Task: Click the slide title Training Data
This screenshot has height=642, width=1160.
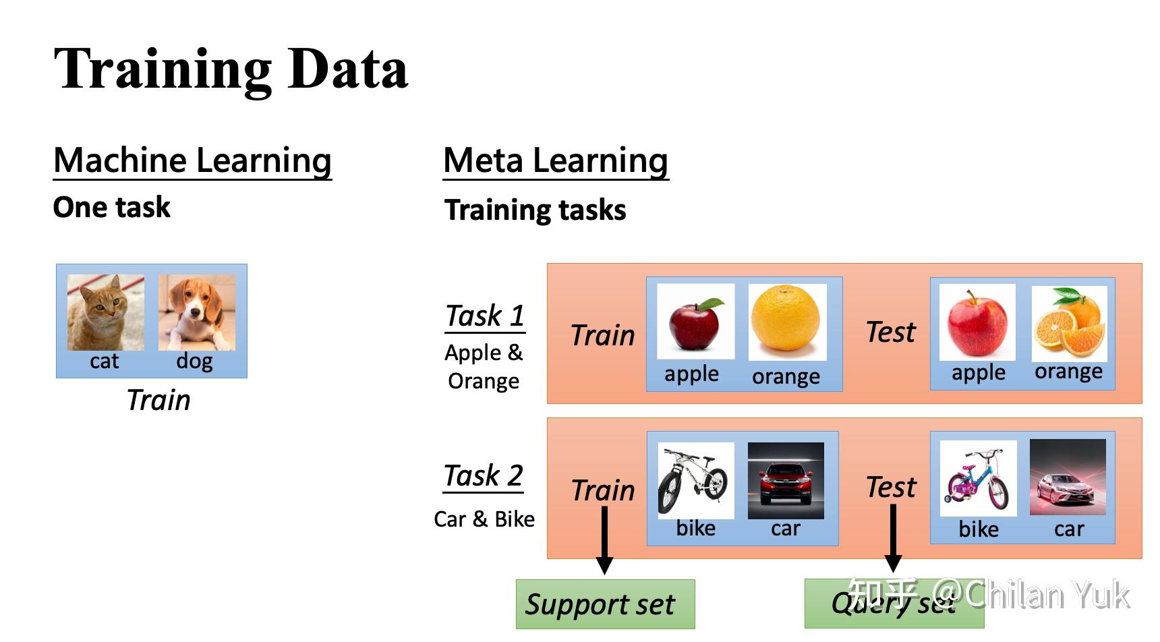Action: [x=231, y=69]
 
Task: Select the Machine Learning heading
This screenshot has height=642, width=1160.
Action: [x=192, y=161]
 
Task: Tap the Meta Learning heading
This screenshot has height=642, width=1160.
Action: [x=555, y=161]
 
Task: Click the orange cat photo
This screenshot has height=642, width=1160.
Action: [x=106, y=312]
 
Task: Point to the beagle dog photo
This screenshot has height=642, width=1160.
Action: [x=197, y=312]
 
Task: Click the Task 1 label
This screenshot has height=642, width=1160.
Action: [x=485, y=316]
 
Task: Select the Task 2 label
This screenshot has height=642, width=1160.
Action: [x=484, y=475]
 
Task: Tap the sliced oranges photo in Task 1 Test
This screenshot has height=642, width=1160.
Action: [x=1069, y=322]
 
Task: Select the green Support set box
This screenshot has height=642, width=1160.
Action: [x=605, y=604]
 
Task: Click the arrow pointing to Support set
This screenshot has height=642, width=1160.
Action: [x=605, y=539]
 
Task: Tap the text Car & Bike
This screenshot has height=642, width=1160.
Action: [x=484, y=519]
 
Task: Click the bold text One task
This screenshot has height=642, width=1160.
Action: [x=111, y=208]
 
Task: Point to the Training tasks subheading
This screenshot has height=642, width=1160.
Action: [x=535, y=210]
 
